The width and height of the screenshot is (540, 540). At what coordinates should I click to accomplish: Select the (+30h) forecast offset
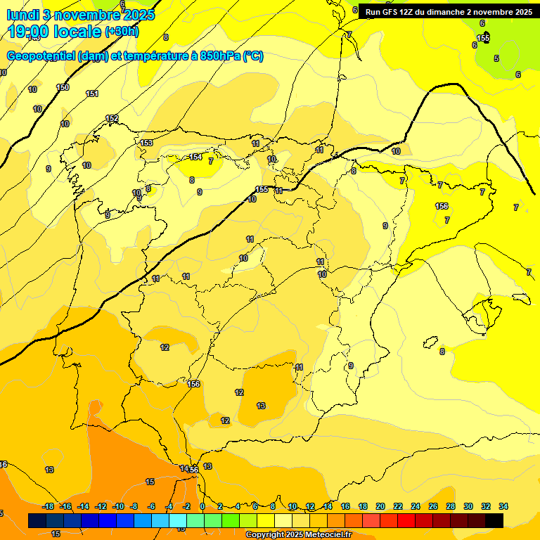122,32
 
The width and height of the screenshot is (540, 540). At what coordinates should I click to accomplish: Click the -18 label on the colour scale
48,506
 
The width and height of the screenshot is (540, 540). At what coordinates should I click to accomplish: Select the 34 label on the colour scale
503,506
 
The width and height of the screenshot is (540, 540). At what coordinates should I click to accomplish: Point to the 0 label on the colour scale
202,506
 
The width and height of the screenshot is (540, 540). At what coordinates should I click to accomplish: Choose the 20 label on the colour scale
380,506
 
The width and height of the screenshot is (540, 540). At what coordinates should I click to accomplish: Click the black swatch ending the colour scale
494,520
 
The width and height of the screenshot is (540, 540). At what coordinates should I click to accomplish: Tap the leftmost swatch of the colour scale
37,520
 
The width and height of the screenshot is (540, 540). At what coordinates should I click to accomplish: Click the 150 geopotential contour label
63,87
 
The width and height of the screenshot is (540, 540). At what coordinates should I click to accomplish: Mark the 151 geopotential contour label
92,94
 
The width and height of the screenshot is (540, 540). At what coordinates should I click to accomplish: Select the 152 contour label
112,119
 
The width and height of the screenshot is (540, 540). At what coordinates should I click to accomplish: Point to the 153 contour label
146,143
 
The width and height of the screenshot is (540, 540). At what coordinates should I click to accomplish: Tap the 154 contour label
195,157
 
